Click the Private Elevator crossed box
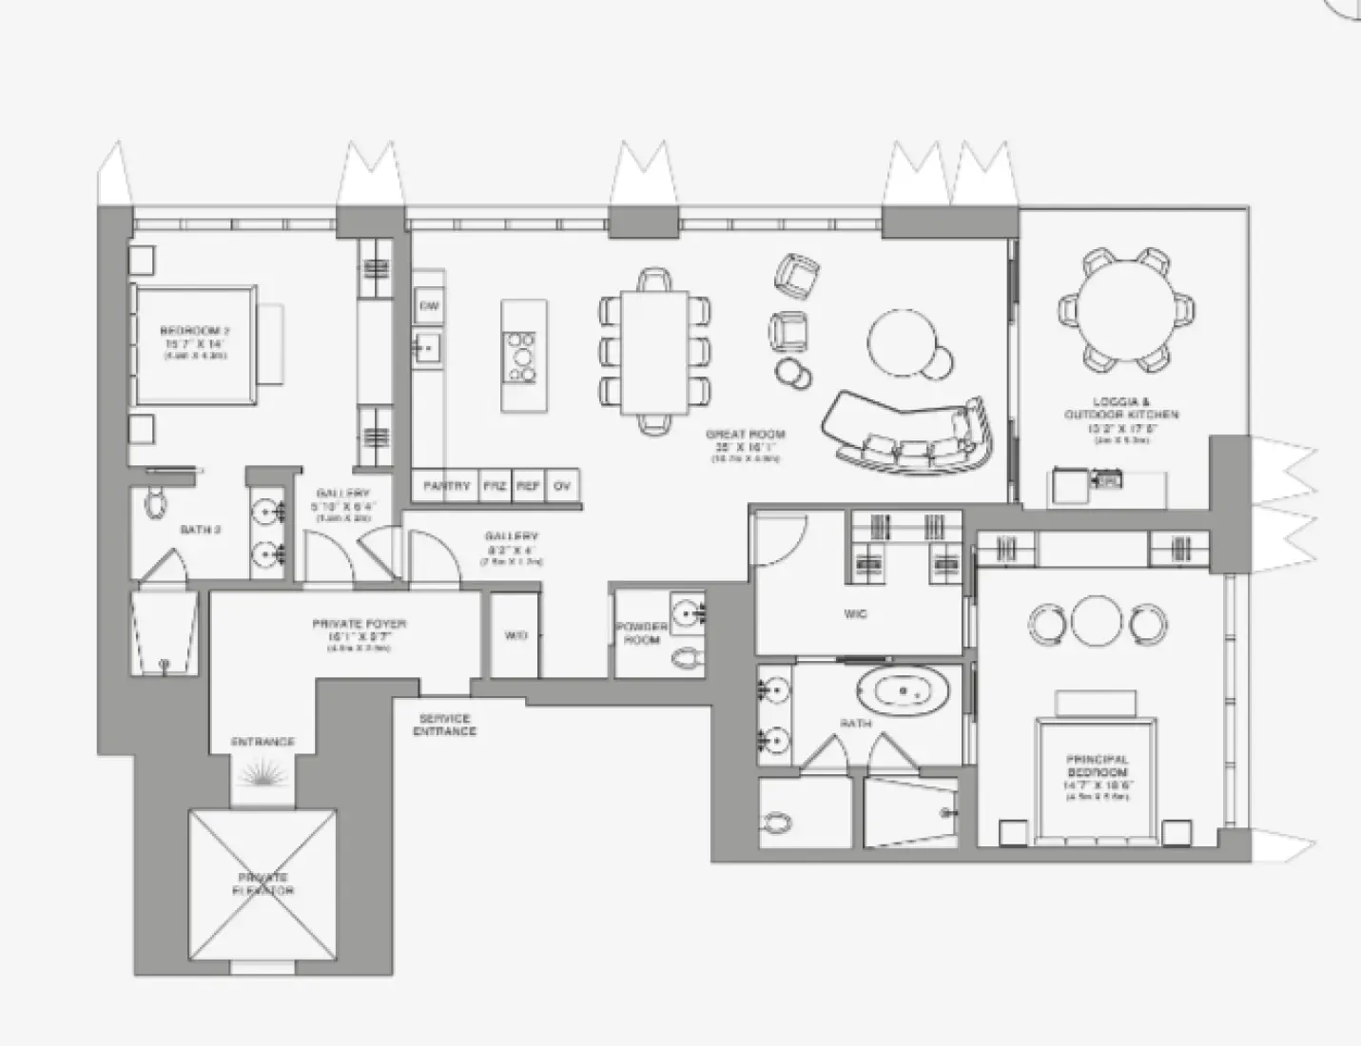263,884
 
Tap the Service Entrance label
444,725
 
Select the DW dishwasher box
428,307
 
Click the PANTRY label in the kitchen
446,486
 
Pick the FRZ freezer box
495,486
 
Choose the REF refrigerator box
529,486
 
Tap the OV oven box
562,486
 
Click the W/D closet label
515,635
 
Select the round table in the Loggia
1124,309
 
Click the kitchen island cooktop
521,356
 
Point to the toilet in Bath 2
154,504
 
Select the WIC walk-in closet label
855,614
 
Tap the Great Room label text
746,440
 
